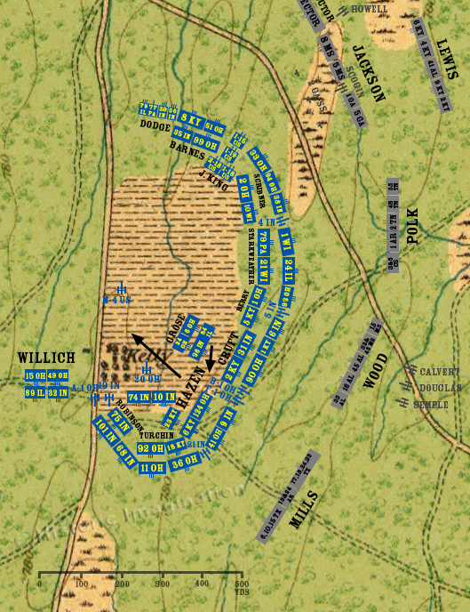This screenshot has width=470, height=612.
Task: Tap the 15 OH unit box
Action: (36, 375)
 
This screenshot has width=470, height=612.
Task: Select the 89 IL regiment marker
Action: (36, 392)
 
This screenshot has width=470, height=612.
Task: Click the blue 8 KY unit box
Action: (189, 118)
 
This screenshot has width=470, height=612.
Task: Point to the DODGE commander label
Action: (155, 125)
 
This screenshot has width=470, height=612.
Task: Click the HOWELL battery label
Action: (370, 9)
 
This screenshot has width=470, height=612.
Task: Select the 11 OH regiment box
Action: (151, 468)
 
